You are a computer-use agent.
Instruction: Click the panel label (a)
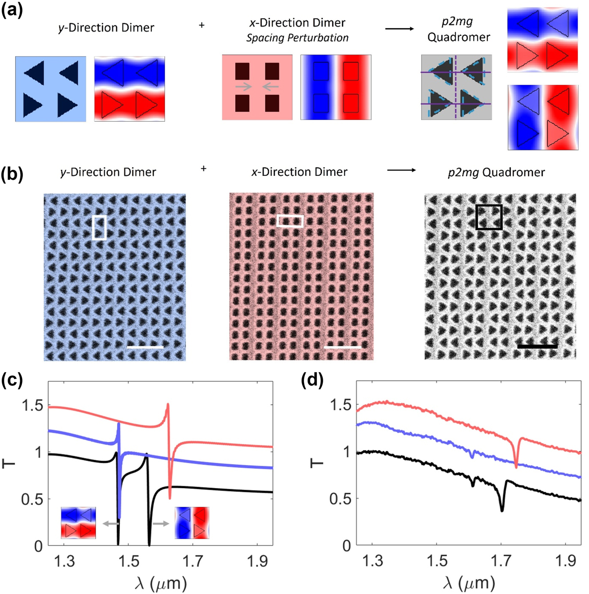pos(12,9)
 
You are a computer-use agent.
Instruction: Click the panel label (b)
pos(12,174)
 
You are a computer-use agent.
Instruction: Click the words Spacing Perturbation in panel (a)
pos(297,38)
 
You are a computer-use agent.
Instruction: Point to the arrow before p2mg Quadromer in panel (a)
pos(399,29)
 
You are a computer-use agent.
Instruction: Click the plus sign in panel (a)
pos(202,25)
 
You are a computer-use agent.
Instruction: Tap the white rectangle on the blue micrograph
pos(99,227)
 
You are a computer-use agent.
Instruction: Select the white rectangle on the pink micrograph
pos(290,221)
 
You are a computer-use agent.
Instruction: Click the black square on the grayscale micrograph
pos(489,217)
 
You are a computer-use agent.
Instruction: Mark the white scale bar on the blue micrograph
pos(145,347)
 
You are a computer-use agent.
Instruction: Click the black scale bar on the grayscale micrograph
pos(537,346)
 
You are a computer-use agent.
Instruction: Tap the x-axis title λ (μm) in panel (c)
pos(160,582)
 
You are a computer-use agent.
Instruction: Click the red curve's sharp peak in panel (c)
pos(168,404)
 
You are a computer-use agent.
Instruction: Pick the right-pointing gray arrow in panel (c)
pos(161,524)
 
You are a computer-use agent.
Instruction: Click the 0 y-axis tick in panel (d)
pos(347,546)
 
